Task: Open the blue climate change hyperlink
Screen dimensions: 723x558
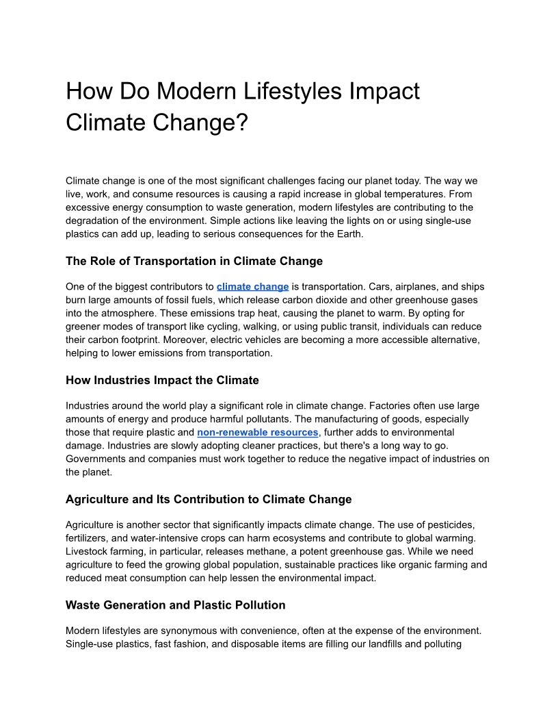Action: click(252, 287)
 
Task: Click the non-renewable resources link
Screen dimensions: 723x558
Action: click(258, 433)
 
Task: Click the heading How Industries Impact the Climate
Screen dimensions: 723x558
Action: click(162, 380)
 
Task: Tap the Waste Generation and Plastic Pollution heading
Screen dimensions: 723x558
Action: click(175, 605)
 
